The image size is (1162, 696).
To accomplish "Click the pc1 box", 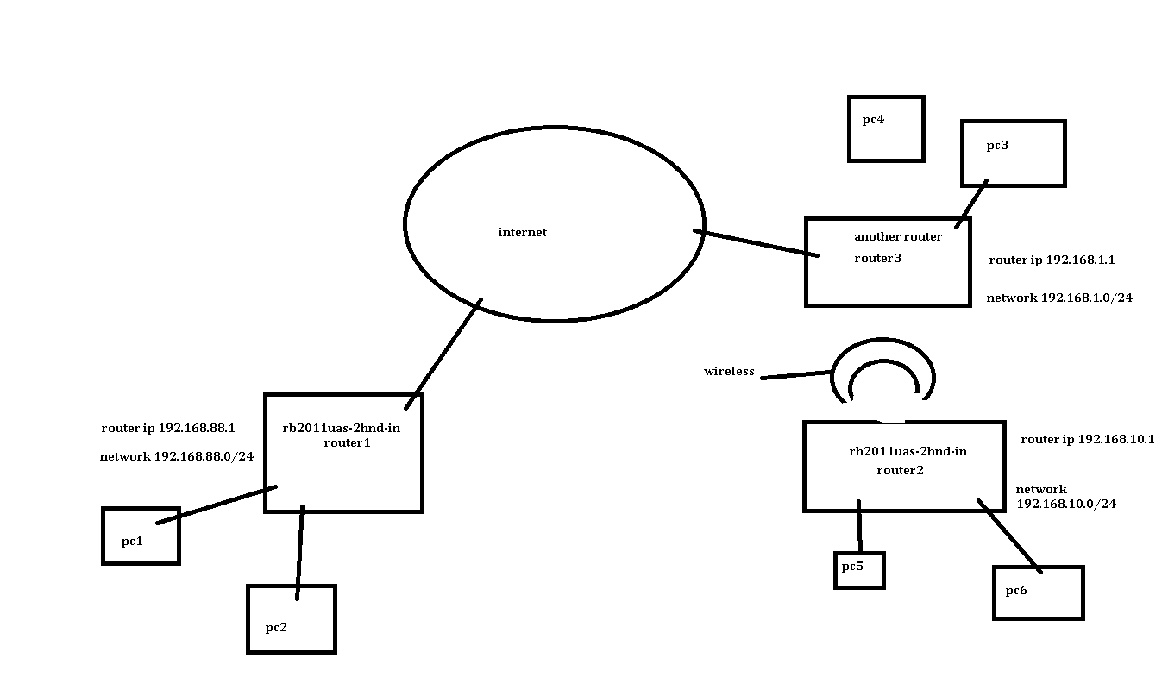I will coord(141,536).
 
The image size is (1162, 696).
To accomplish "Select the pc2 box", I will coord(291,619).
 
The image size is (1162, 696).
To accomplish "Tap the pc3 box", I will coord(1013,154).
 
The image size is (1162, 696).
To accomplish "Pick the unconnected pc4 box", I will coord(886,129).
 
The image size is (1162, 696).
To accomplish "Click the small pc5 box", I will coord(859,570).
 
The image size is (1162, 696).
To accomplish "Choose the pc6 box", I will coord(1038,593).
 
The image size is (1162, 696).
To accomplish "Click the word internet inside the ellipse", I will coord(522,233).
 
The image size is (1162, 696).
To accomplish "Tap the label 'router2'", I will coord(900,471).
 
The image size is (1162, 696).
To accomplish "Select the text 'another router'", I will coord(897,237).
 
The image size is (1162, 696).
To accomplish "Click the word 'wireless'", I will coord(729,372).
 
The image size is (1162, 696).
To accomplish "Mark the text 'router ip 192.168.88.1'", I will coord(168,428).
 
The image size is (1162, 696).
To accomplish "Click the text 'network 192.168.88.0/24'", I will coord(177,457).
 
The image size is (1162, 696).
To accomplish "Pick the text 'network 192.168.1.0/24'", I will coord(1059,298).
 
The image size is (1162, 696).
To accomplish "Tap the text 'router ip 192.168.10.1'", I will coord(1087,440).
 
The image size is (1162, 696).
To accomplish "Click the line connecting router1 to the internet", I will coord(443,354).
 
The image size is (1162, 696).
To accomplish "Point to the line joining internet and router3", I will coord(756,242).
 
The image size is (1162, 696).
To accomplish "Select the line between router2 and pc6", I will coord(1008,535).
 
